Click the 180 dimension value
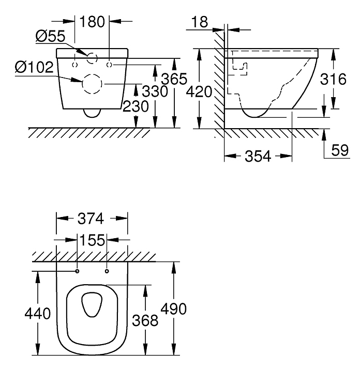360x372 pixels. point(92,22)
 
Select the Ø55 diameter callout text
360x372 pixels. point(50,37)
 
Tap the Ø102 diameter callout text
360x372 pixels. point(35,67)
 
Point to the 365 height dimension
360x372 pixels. point(174,79)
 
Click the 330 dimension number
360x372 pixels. point(155,91)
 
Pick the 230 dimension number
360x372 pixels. point(136,106)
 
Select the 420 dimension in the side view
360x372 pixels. point(199,92)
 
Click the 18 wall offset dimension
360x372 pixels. point(200,22)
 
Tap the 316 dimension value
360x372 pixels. point(333,79)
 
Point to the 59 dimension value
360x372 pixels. point(340,150)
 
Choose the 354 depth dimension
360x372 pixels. point(258,157)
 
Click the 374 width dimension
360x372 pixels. point(91,219)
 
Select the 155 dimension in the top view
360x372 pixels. point(92,240)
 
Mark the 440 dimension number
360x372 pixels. point(38,314)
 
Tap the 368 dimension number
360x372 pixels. point(145,320)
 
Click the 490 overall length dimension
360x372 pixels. point(174,309)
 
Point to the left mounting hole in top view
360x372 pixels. point(77,271)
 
